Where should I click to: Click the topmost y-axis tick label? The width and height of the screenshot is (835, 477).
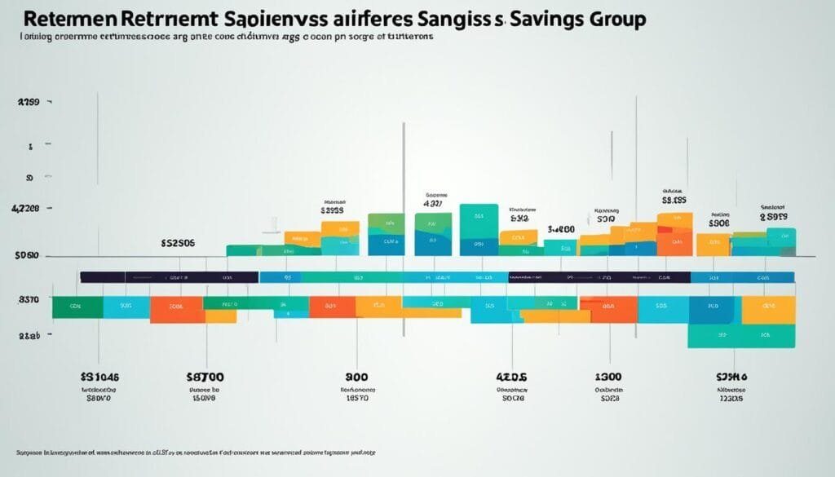(x=29, y=104)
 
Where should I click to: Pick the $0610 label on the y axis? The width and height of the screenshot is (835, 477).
(x=27, y=256)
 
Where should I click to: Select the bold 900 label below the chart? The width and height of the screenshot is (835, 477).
(x=356, y=378)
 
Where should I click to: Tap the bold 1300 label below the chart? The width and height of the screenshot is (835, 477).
(x=608, y=378)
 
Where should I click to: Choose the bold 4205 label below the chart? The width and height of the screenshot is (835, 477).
(x=512, y=378)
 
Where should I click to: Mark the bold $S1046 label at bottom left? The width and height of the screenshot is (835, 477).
(x=99, y=378)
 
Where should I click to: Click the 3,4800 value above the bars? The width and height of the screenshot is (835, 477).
(x=561, y=230)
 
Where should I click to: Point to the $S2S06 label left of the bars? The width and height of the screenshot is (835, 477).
(x=178, y=242)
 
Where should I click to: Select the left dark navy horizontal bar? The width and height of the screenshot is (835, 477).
(x=169, y=277)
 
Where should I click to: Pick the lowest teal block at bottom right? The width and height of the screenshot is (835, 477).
(x=740, y=336)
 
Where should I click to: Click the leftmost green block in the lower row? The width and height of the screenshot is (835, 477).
(x=77, y=307)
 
